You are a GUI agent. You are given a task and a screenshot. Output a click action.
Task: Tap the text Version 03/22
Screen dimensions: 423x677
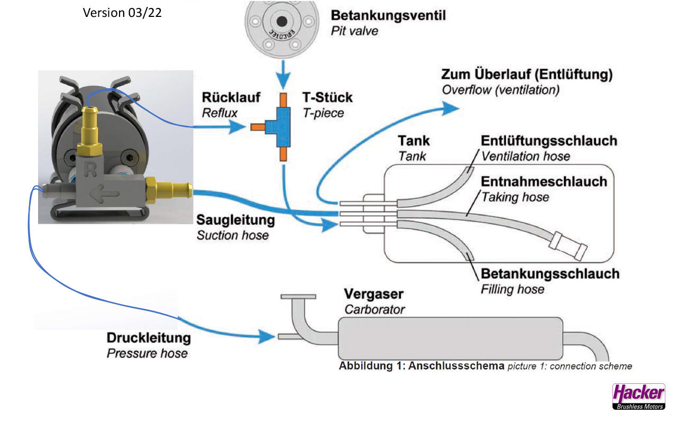(122, 13)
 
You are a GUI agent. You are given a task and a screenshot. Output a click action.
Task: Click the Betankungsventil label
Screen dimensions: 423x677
(388, 15)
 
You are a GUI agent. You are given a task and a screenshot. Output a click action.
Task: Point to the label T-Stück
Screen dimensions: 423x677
(327, 98)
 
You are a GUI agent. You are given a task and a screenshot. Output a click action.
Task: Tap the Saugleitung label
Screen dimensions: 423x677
(236, 219)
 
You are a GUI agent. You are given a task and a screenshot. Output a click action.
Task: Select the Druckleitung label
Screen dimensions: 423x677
(149, 338)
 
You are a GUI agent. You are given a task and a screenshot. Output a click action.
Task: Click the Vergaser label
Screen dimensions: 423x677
(374, 294)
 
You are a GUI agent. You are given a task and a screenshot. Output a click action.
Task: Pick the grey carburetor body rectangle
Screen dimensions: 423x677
(450, 339)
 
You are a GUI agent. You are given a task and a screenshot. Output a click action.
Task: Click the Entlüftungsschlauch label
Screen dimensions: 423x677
(549, 141)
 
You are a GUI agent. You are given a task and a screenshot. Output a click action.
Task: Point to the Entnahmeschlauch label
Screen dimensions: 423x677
(544, 182)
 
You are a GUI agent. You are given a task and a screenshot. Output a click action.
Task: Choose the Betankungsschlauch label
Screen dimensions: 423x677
(550, 274)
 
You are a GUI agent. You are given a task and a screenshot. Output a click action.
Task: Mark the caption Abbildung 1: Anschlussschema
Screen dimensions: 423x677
(421, 366)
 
